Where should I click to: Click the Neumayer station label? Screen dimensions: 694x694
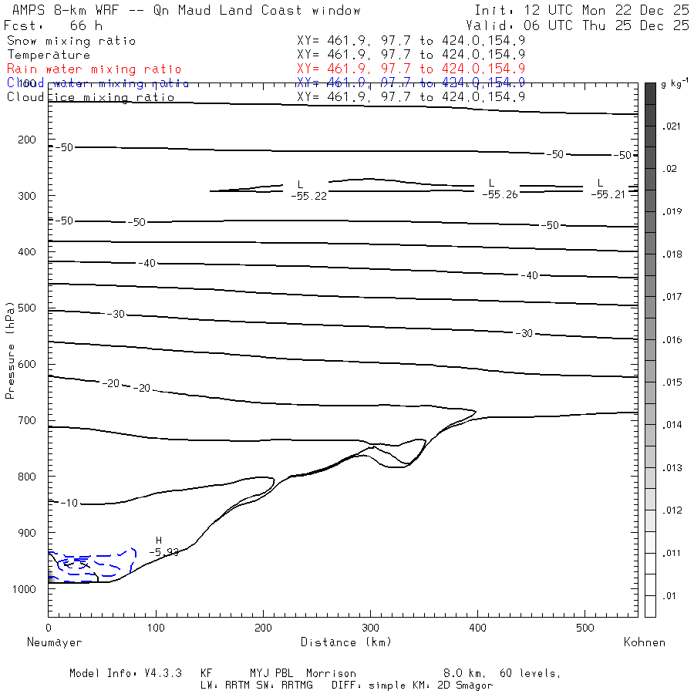coord(54,642)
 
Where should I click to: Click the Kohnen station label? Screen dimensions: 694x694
coord(644,642)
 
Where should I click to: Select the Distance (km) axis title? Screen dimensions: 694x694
coord(346,642)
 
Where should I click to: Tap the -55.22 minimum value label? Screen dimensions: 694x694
coord(308,196)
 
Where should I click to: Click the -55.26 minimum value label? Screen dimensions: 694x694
coord(500,194)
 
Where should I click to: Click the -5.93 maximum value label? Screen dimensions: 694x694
coord(163,552)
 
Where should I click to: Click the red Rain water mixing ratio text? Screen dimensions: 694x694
coord(94,69)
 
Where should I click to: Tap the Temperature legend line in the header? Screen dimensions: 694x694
coord(48,55)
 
